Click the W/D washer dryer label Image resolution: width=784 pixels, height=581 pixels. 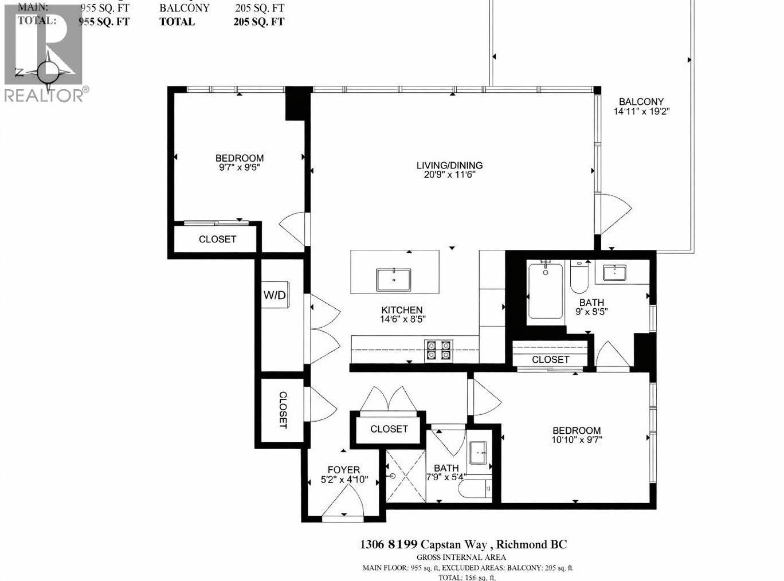tap(275, 295)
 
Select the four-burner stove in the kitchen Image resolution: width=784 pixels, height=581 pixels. tap(438, 350)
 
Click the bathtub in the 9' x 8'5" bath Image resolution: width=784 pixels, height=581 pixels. tap(545, 290)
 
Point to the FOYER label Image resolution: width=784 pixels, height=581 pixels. tap(344, 470)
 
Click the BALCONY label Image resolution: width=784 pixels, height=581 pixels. tap(641, 102)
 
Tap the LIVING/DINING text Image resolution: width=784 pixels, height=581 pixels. tap(449, 166)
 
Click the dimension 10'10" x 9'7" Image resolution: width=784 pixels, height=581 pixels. tap(577, 440)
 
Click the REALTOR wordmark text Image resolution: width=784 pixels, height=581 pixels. tap(43, 95)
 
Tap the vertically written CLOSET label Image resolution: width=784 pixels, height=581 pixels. tap(283, 410)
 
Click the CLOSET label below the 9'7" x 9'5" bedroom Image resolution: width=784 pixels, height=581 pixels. tap(217, 239)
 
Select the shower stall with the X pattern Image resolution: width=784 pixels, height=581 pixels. tap(406, 476)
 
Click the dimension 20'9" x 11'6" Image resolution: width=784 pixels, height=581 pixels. tap(449, 175)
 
